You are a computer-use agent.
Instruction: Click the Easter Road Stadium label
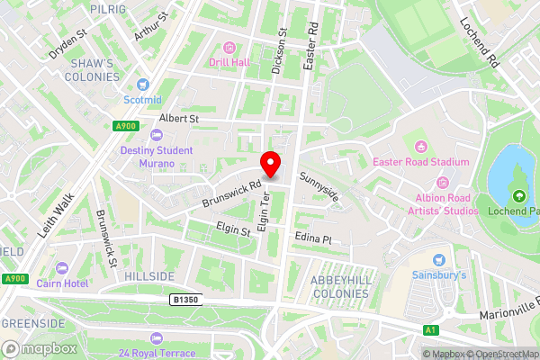(x=422, y=162)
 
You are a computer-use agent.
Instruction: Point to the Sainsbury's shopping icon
(x=440, y=258)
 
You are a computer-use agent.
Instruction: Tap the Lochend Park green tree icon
(x=517, y=195)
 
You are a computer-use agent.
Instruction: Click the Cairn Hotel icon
(x=62, y=268)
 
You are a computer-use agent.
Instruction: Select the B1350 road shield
(x=183, y=297)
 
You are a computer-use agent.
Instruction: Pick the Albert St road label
(x=178, y=118)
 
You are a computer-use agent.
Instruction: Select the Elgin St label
(x=233, y=231)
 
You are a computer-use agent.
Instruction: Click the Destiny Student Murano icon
(x=157, y=136)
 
